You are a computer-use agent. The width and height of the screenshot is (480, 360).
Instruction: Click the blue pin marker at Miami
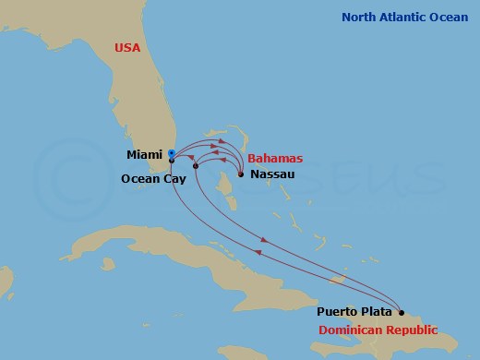171,153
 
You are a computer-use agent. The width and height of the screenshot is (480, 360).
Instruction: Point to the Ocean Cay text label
153,179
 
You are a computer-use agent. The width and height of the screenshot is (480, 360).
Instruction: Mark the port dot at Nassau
240,174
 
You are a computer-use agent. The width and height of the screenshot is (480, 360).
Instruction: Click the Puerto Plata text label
355,312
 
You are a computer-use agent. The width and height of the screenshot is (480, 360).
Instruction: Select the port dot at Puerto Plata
401,312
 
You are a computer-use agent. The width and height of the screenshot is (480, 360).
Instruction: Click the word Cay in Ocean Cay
175,179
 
